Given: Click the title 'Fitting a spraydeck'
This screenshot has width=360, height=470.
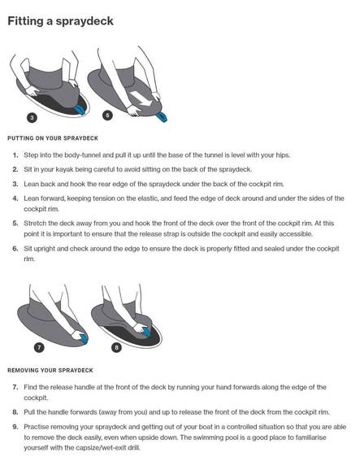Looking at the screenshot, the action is click(60, 22).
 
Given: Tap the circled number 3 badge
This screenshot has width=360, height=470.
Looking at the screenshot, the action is click(32, 118).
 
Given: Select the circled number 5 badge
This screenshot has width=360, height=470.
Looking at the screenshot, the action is click(107, 115).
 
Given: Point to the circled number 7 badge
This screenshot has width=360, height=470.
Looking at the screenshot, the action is click(39, 347).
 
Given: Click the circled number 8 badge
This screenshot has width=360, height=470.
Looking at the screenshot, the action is click(116, 348).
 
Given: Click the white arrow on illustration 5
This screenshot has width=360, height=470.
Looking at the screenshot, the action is click(141, 98).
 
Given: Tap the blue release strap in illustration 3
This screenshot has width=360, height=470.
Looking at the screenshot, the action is click(80, 110).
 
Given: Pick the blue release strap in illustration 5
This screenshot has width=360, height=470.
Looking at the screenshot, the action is click(162, 117).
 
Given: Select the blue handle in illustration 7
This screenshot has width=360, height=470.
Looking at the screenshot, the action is click(84, 337).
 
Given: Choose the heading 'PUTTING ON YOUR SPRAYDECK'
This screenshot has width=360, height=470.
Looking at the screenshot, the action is click(53, 138).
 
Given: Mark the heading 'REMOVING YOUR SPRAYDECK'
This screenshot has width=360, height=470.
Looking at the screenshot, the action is click(50, 370).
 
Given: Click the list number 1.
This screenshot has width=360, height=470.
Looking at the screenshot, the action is click(15, 155).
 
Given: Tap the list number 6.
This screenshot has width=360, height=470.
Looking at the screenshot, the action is click(15, 249).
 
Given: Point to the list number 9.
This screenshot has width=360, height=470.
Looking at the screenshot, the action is click(15, 427).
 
